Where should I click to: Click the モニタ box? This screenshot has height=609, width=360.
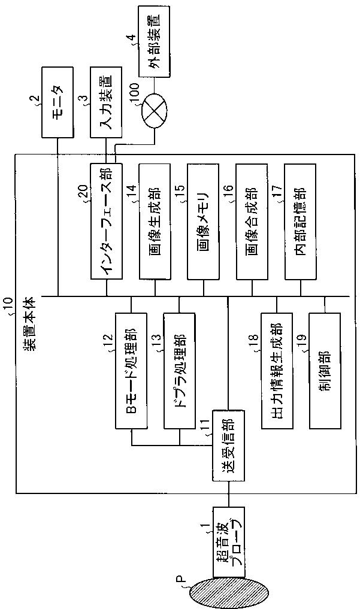tap(57, 102)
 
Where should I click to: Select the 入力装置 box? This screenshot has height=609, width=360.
tap(105, 102)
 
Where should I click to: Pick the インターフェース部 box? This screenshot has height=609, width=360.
tap(106, 221)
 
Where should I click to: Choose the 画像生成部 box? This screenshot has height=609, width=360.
tap(155, 221)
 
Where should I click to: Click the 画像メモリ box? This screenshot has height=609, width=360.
tap(203, 221)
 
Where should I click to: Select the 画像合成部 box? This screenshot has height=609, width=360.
tap(252, 221)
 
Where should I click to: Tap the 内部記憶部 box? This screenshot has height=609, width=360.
tap(301, 221)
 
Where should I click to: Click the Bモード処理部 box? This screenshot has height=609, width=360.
tap(131, 371)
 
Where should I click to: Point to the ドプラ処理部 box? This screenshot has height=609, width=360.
tap(180, 371)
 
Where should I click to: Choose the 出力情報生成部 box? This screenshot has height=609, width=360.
tap(277, 371)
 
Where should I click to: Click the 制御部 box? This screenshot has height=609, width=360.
tap(325, 371)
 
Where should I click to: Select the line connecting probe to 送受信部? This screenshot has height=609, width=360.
tap(228, 493)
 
